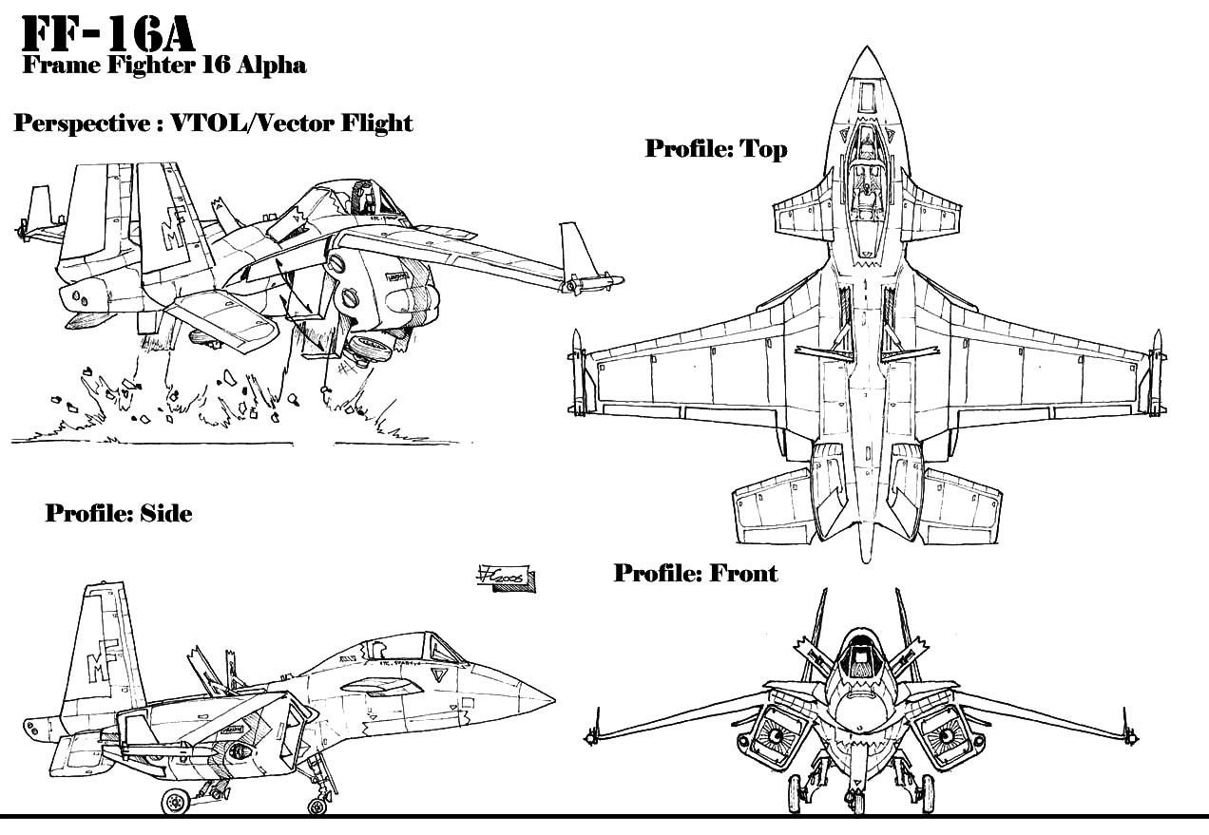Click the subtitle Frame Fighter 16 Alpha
(163, 66)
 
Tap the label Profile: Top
(715, 149)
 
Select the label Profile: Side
(119, 514)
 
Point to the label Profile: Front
(695, 573)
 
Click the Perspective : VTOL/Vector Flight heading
(213, 123)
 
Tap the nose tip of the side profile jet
(553, 701)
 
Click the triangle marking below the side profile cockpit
(438, 675)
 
